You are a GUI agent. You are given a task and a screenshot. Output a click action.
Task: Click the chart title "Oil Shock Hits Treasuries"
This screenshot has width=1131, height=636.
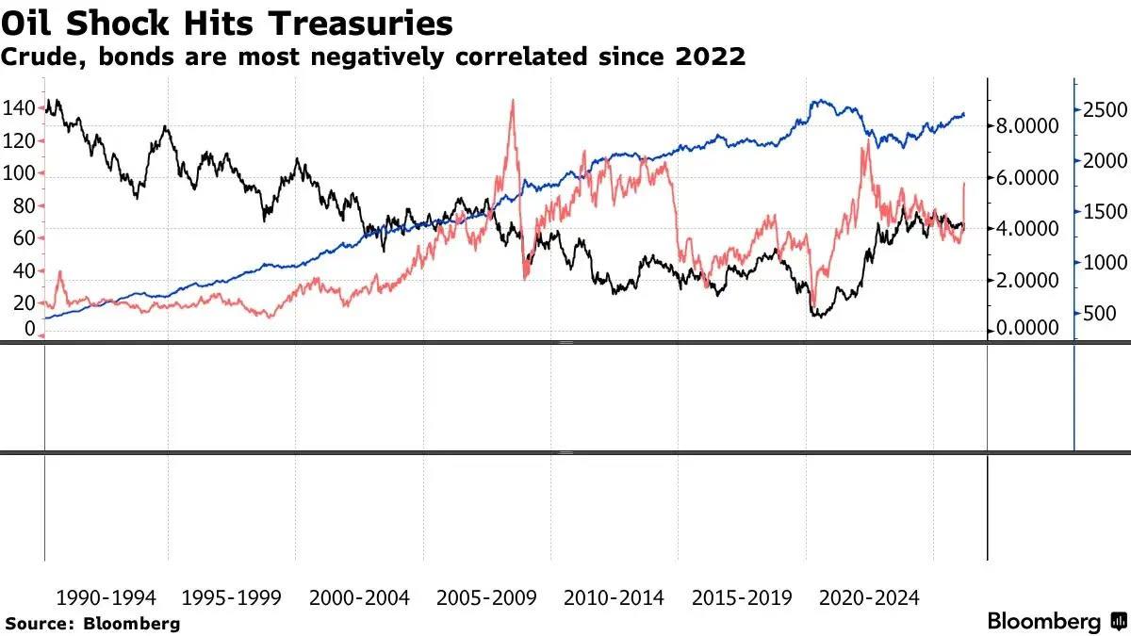(x=226, y=23)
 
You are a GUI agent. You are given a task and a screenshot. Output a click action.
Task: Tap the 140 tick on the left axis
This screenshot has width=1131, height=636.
(x=20, y=108)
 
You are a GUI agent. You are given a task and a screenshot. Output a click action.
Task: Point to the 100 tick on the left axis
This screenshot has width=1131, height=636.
(x=20, y=173)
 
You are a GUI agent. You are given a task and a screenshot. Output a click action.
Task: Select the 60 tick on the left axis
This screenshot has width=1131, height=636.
(x=24, y=238)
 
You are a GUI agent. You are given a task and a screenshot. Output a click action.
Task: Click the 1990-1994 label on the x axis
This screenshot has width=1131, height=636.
(x=106, y=597)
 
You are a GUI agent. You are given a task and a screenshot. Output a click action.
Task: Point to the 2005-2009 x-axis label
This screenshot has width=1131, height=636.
(x=486, y=597)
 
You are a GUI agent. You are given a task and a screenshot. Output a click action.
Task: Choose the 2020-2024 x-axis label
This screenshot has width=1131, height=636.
(x=868, y=597)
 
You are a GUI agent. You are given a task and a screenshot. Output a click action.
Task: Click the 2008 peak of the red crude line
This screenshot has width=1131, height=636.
(x=512, y=100)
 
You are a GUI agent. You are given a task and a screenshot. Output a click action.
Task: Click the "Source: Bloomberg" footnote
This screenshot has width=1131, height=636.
(x=92, y=623)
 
